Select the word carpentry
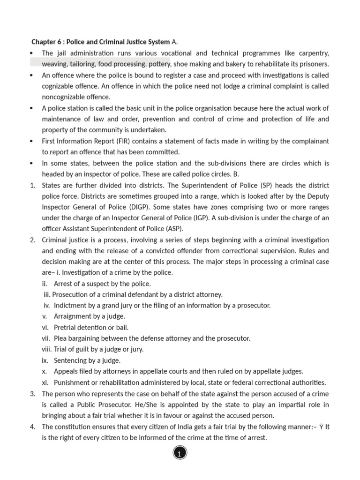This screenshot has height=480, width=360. (x=310, y=53)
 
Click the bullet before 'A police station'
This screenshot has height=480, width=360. (x=31, y=108)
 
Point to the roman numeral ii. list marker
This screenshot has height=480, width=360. (x=45, y=284)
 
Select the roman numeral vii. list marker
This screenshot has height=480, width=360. (x=45, y=338)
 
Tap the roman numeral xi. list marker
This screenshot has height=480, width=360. (x=45, y=382)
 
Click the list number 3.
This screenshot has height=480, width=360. (x=33, y=393)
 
